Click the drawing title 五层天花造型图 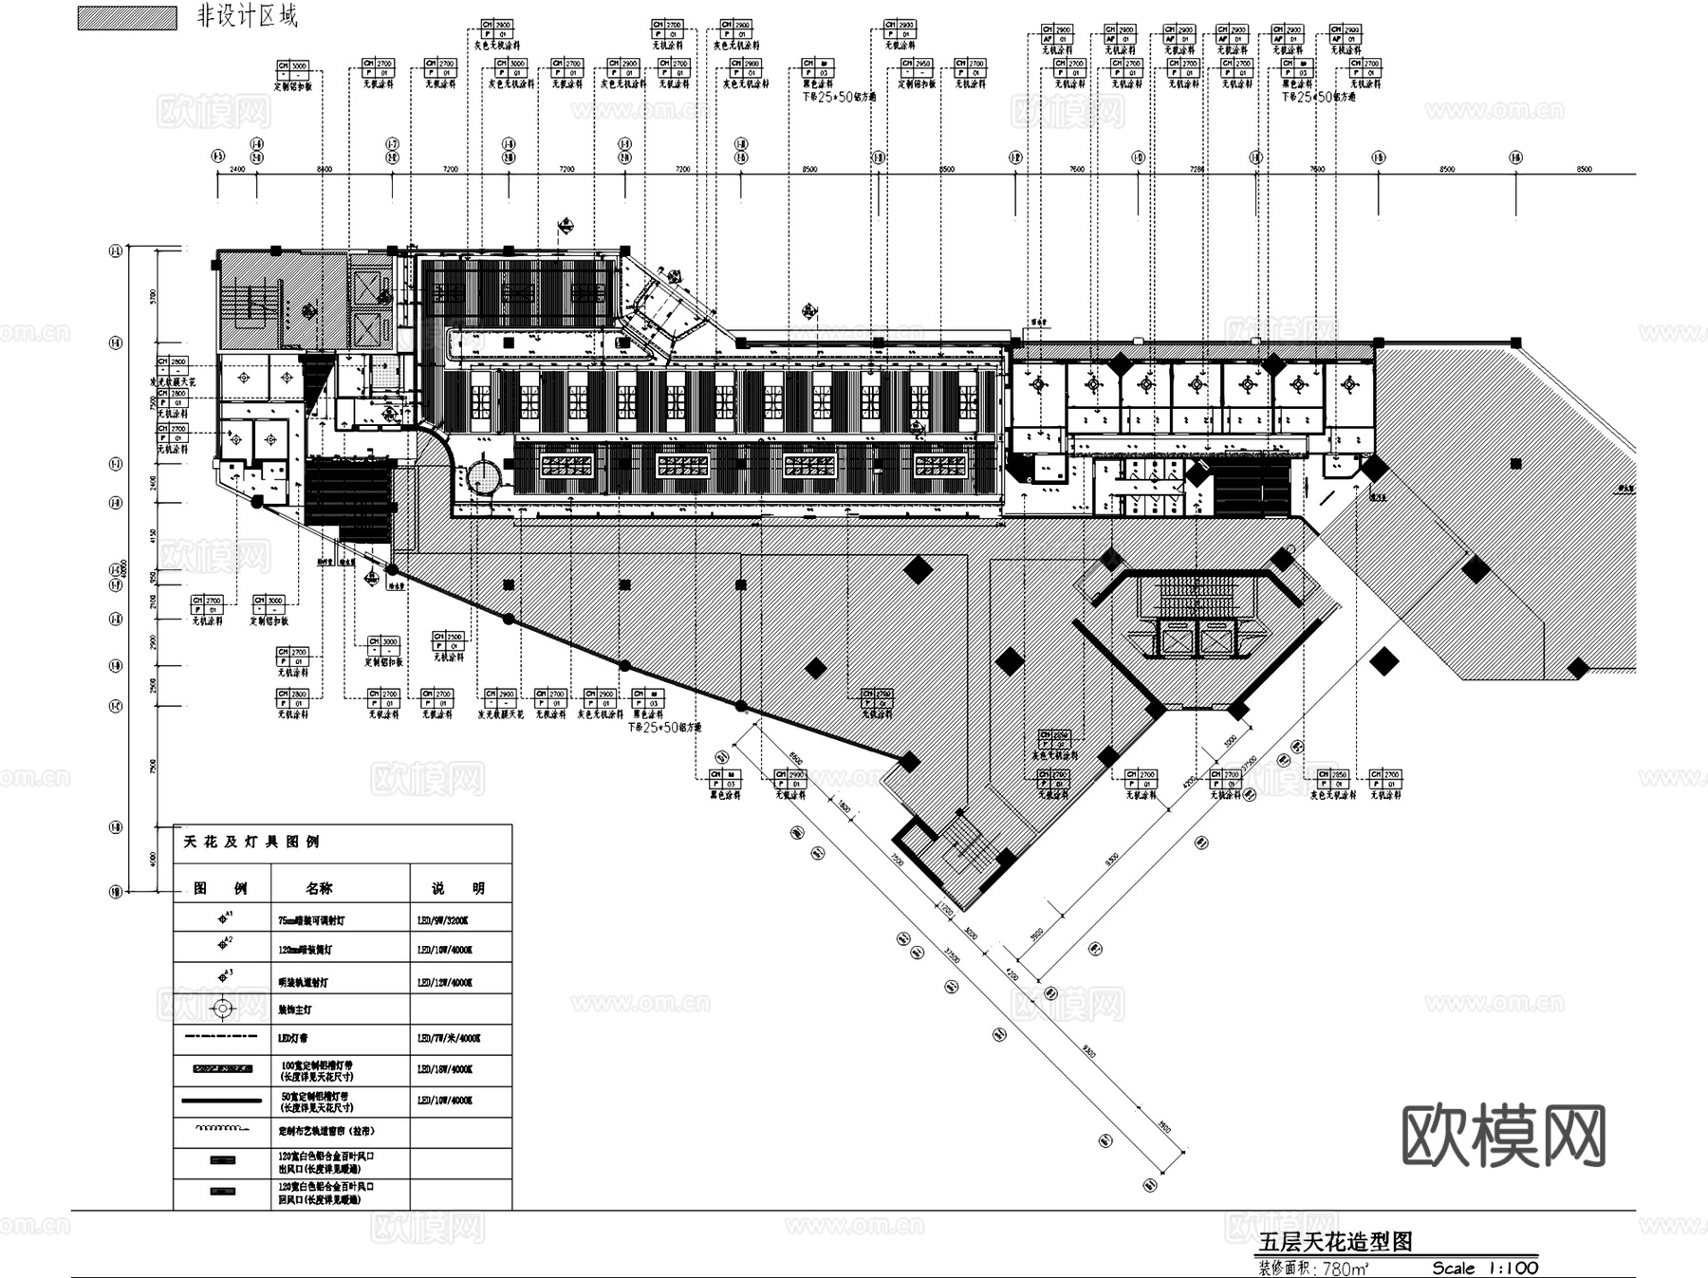(x=1335, y=1242)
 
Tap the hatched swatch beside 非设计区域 (x=126, y=18)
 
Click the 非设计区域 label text (x=247, y=16)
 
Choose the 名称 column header (x=319, y=889)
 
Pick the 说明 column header (x=458, y=889)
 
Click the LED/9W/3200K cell (x=442, y=920)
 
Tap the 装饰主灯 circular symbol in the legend (x=223, y=1009)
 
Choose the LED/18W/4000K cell (x=444, y=1069)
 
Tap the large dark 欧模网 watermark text (x=1504, y=1136)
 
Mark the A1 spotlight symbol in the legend (x=225, y=917)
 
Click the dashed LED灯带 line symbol (x=223, y=1038)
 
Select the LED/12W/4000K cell (x=444, y=983)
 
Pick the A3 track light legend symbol (x=225, y=976)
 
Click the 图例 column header (x=220, y=889)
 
